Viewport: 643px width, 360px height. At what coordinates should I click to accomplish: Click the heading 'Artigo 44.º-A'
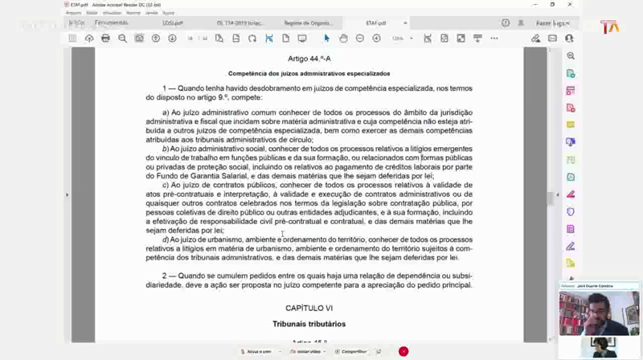[x=309, y=59]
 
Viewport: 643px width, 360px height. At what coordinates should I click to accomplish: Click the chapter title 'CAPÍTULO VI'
[x=309, y=308]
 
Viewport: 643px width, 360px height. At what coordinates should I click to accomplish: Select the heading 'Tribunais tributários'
[x=309, y=324]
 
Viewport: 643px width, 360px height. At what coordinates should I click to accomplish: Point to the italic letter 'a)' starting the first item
[x=166, y=112]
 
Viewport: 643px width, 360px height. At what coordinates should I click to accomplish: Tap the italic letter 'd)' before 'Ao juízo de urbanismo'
[x=166, y=239]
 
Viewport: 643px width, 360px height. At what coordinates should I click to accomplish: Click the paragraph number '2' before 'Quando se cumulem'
[x=164, y=276]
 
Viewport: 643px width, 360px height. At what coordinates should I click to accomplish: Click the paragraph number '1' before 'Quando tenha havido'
[x=164, y=88]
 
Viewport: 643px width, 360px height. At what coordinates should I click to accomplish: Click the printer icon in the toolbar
[x=105, y=38]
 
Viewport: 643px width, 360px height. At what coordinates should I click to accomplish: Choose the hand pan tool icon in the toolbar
[x=343, y=38]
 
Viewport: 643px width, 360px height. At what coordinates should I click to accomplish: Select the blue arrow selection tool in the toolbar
[x=326, y=38]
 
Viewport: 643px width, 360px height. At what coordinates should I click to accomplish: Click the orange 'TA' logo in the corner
[x=610, y=27]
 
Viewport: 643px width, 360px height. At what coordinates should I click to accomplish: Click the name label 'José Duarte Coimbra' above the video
[x=594, y=286]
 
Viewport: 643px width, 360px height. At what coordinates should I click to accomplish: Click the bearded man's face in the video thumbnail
[x=598, y=308]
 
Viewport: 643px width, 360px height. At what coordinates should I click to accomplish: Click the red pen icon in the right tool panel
[x=571, y=194]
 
